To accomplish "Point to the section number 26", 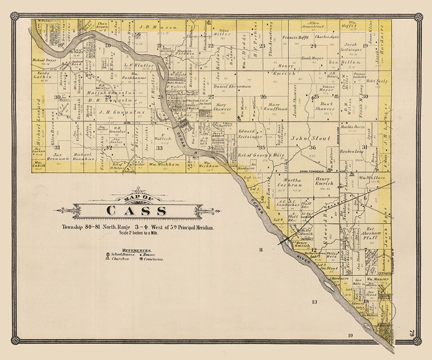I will pyautogui.click(x=263, y=96).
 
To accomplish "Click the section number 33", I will pyautogui.click(x=159, y=148).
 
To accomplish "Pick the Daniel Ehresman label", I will pyautogui.click(x=232, y=86).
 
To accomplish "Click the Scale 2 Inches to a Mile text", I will pyautogui.click(x=138, y=233).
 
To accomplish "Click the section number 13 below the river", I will pyautogui.click(x=314, y=302).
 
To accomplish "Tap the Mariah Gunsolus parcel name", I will pyautogui.click(x=107, y=92).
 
